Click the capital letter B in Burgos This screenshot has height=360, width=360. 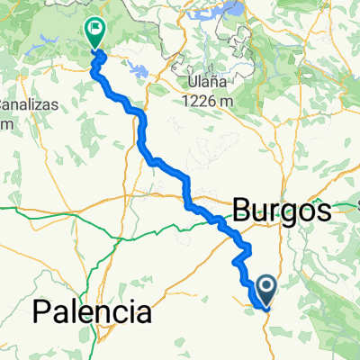coord(240,211)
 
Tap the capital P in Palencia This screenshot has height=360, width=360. coord(41,313)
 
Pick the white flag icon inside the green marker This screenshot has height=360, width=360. coord(94,29)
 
